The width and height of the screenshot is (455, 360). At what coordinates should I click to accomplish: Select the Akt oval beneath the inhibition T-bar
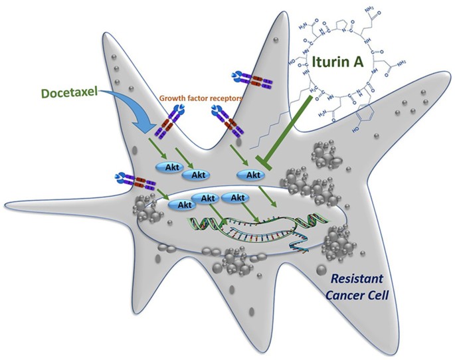point(252,175)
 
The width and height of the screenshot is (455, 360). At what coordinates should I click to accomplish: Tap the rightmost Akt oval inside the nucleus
point(234,199)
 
